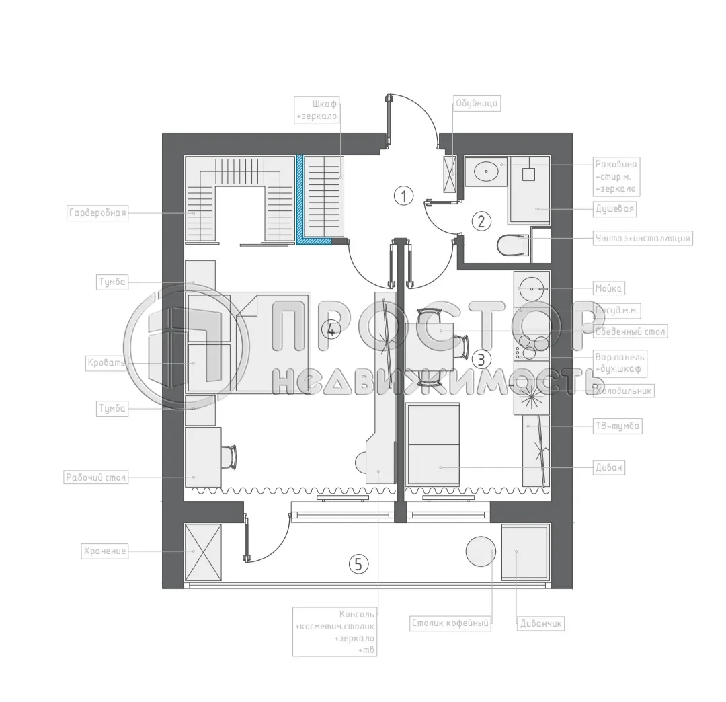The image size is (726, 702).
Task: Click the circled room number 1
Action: [x=403, y=196]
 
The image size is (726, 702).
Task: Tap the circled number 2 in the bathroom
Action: [x=481, y=221]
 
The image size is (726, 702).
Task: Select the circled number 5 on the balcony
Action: [x=358, y=563]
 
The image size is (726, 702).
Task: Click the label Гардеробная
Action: [x=97, y=214]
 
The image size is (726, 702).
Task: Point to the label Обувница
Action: [x=477, y=103]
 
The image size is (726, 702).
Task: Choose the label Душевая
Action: [x=614, y=209]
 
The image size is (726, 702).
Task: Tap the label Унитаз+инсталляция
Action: [x=643, y=238]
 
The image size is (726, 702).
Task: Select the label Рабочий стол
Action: [x=95, y=478]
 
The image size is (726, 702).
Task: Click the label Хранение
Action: [x=104, y=551]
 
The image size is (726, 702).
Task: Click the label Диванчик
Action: [x=540, y=623]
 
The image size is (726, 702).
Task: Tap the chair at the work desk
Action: [x=229, y=458]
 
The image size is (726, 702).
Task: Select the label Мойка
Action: [x=609, y=288]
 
